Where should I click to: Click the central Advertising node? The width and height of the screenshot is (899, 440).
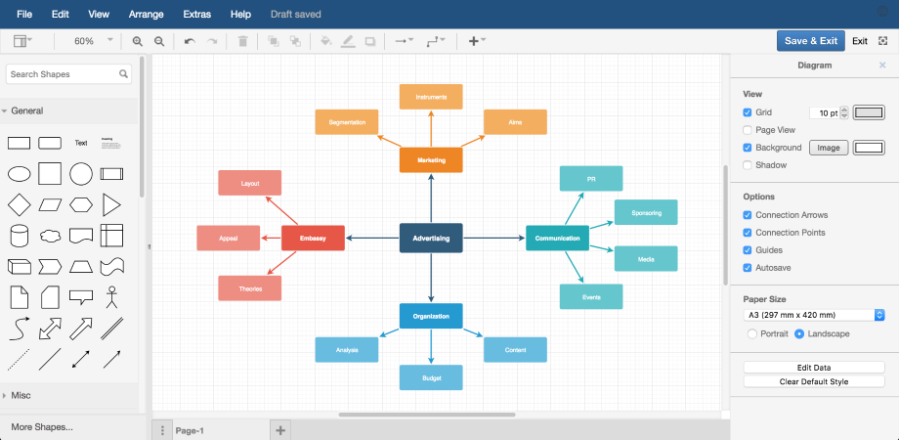[x=431, y=238]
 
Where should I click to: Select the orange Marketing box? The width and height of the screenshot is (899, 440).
[x=431, y=159]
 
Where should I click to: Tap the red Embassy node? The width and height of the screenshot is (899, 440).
[x=313, y=238]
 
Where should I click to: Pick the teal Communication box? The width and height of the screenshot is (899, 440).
[x=557, y=238]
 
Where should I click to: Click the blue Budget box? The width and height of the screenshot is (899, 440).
[x=431, y=376]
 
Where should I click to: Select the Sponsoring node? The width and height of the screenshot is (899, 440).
[x=646, y=212]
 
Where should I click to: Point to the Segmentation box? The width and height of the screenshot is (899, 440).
[x=347, y=122]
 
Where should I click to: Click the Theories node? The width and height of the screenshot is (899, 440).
[x=249, y=287]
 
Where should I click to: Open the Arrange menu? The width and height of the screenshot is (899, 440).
[x=147, y=15]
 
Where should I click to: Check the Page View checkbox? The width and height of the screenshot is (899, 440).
[x=748, y=130]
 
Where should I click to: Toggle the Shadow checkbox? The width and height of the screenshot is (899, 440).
[x=748, y=165]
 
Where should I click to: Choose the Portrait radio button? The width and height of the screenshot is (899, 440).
[x=751, y=333]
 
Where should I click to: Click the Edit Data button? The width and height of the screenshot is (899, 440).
[x=813, y=367]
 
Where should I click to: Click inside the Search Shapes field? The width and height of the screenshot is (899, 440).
[x=64, y=73]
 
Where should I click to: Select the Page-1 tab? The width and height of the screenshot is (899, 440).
[x=190, y=430]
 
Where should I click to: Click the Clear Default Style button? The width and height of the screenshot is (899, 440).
[x=813, y=381]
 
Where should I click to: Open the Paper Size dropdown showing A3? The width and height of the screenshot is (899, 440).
[x=813, y=315]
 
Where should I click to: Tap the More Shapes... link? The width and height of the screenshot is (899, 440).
[x=42, y=427]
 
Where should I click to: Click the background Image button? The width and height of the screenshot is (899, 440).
[x=828, y=148]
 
